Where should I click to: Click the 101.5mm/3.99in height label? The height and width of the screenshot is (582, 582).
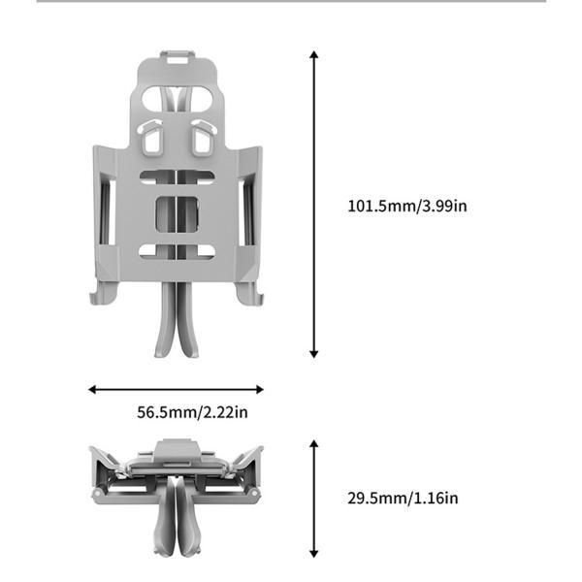407,206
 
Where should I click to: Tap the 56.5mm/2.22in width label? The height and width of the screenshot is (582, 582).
192,412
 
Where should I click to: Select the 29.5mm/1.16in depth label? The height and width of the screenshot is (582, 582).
403,499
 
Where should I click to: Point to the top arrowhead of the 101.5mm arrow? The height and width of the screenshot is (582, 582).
314,54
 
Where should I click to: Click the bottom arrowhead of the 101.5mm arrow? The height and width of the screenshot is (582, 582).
314,354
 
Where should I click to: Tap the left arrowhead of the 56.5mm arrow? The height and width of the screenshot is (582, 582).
92,389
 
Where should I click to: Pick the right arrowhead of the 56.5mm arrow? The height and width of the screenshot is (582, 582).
260,389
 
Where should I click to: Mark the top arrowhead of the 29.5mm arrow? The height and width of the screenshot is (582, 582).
314,444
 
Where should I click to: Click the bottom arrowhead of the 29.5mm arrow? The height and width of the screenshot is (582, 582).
314,554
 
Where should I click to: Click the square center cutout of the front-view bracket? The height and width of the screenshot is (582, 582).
177,214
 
